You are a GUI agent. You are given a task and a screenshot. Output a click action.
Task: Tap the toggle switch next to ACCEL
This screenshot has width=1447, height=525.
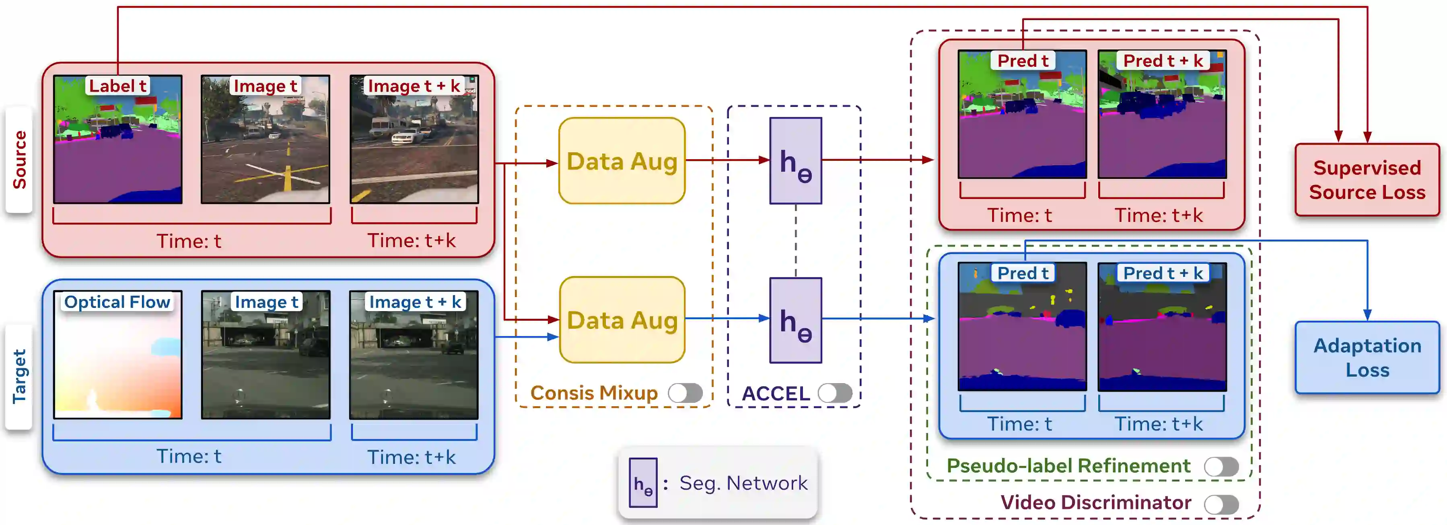835,393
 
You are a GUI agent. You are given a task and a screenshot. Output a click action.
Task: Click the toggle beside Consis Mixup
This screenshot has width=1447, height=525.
685,393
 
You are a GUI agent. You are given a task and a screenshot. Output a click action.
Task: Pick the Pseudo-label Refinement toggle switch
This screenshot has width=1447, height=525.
1221,466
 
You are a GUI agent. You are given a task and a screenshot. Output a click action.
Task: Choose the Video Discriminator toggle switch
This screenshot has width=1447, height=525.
1221,504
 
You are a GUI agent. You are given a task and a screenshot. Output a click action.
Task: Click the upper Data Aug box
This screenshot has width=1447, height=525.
622,160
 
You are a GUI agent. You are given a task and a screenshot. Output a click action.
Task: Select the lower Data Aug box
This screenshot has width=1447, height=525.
622,320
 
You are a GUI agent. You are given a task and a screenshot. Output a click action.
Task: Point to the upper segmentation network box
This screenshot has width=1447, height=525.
795,160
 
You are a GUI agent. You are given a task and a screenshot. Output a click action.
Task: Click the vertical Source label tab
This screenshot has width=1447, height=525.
19,160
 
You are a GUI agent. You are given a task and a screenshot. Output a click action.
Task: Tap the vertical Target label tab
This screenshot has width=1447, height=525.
19,376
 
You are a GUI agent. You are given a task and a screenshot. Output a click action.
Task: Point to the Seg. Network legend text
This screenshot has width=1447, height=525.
743,483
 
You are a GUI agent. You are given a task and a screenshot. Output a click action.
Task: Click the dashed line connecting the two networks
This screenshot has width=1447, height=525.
795,240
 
